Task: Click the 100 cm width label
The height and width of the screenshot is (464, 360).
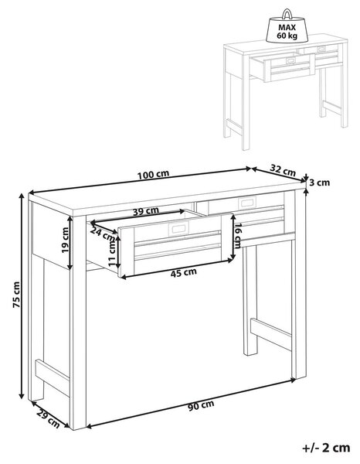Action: (153, 175)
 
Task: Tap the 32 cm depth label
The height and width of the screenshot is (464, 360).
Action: (283, 170)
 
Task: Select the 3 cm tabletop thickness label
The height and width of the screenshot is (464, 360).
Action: (319, 183)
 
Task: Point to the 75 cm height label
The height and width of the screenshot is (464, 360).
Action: (16, 295)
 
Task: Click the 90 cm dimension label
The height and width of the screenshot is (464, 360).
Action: (201, 405)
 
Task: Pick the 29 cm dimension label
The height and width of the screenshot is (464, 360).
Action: (48, 419)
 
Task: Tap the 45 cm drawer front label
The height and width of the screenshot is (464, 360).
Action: (184, 273)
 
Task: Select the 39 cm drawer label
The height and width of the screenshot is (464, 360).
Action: (146, 211)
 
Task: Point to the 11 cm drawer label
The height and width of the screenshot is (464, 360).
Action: (112, 252)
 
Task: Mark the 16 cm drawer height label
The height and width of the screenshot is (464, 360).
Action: (238, 236)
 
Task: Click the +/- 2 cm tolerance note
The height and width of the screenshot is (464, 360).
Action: (326, 448)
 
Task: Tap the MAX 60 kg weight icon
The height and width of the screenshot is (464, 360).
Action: (287, 26)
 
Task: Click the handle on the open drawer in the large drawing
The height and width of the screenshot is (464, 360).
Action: (178, 229)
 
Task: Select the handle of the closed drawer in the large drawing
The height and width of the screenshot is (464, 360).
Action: (247, 203)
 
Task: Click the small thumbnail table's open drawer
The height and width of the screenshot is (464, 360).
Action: (282, 67)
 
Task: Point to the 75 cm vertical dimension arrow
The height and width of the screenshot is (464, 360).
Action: (22, 296)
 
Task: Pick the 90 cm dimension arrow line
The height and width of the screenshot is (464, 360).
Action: (191, 403)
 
